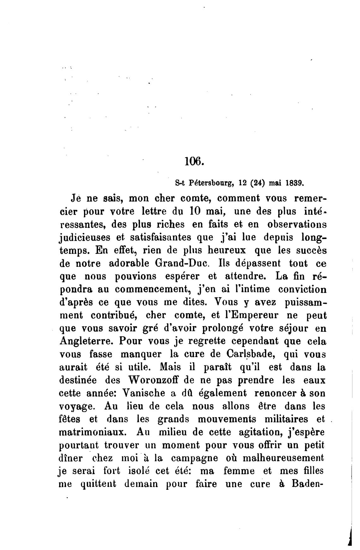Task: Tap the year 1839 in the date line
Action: tap(295, 182)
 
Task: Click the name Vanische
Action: tap(143, 393)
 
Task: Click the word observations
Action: tap(297, 224)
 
